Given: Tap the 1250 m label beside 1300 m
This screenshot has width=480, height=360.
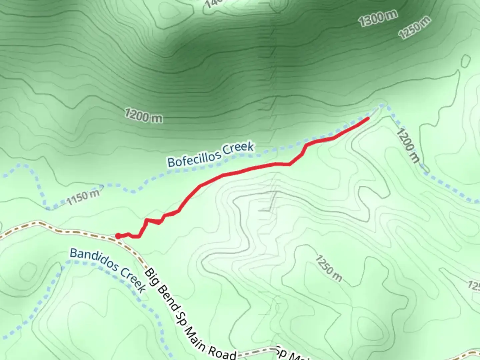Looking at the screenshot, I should [415, 28].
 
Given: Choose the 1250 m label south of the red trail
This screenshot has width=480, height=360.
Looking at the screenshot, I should [328, 268].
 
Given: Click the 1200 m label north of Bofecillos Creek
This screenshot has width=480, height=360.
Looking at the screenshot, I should [144, 115].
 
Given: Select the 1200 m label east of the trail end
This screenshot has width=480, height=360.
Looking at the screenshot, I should [408, 146].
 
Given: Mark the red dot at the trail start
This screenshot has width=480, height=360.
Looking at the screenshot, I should [118, 236].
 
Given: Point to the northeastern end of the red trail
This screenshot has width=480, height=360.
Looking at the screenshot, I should [368, 118].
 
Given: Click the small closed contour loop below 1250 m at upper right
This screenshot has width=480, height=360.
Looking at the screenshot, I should [466, 61].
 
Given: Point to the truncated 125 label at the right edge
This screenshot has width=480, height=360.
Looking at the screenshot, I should [474, 286].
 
